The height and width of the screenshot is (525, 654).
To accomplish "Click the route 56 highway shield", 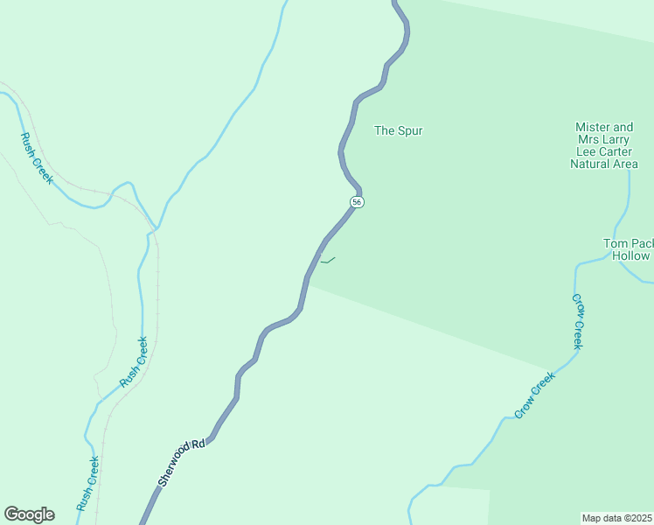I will [x=357, y=202].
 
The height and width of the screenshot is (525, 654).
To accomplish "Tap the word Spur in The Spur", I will [x=410, y=131].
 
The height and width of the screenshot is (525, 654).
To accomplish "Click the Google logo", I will [x=29, y=514].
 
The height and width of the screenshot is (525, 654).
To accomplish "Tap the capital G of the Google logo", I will [x=11, y=514].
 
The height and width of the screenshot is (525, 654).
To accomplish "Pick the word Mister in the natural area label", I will [x=592, y=127].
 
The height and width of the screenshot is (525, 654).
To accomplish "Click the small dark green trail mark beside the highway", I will [x=327, y=260].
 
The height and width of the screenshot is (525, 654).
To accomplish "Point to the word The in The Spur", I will [x=385, y=131].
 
